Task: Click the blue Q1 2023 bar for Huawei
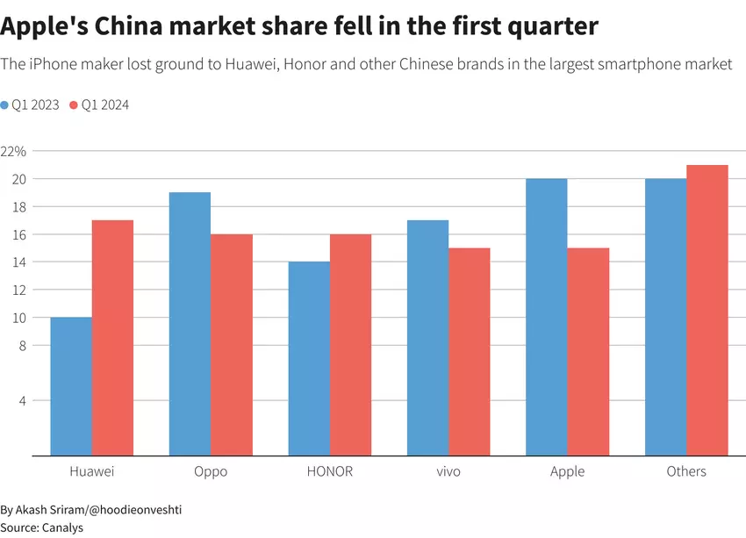click(x=71, y=386)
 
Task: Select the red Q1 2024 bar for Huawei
click(x=112, y=338)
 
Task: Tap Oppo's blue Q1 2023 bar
click(x=190, y=324)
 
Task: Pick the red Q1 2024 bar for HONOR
click(x=350, y=345)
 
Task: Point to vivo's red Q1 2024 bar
click(x=470, y=351)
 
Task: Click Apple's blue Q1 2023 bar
click(x=546, y=317)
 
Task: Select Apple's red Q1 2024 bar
click(x=588, y=351)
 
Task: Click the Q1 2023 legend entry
click(x=31, y=104)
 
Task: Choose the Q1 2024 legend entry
click(x=100, y=104)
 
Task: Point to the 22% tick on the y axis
click(x=14, y=151)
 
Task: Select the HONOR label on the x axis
click(x=330, y=471)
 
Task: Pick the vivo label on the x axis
click(x=448, y=471)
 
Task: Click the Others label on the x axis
click(x=686, y=471)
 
